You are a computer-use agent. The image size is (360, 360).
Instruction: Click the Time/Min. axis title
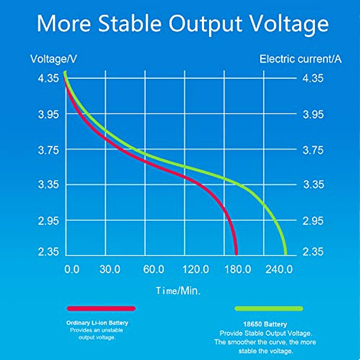[178, 290]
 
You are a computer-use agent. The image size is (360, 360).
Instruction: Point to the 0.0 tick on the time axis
[71, 270]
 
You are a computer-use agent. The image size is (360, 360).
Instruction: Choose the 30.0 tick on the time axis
[110, 270]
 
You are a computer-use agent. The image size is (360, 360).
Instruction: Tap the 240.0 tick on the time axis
[279, 270]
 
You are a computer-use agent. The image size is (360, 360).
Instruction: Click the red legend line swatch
[101, 309]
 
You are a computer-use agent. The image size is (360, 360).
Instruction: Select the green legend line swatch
[269, 309]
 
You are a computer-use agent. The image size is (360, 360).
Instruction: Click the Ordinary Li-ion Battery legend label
[97, 323]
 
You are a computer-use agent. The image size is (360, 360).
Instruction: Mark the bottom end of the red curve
[236, 252]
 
